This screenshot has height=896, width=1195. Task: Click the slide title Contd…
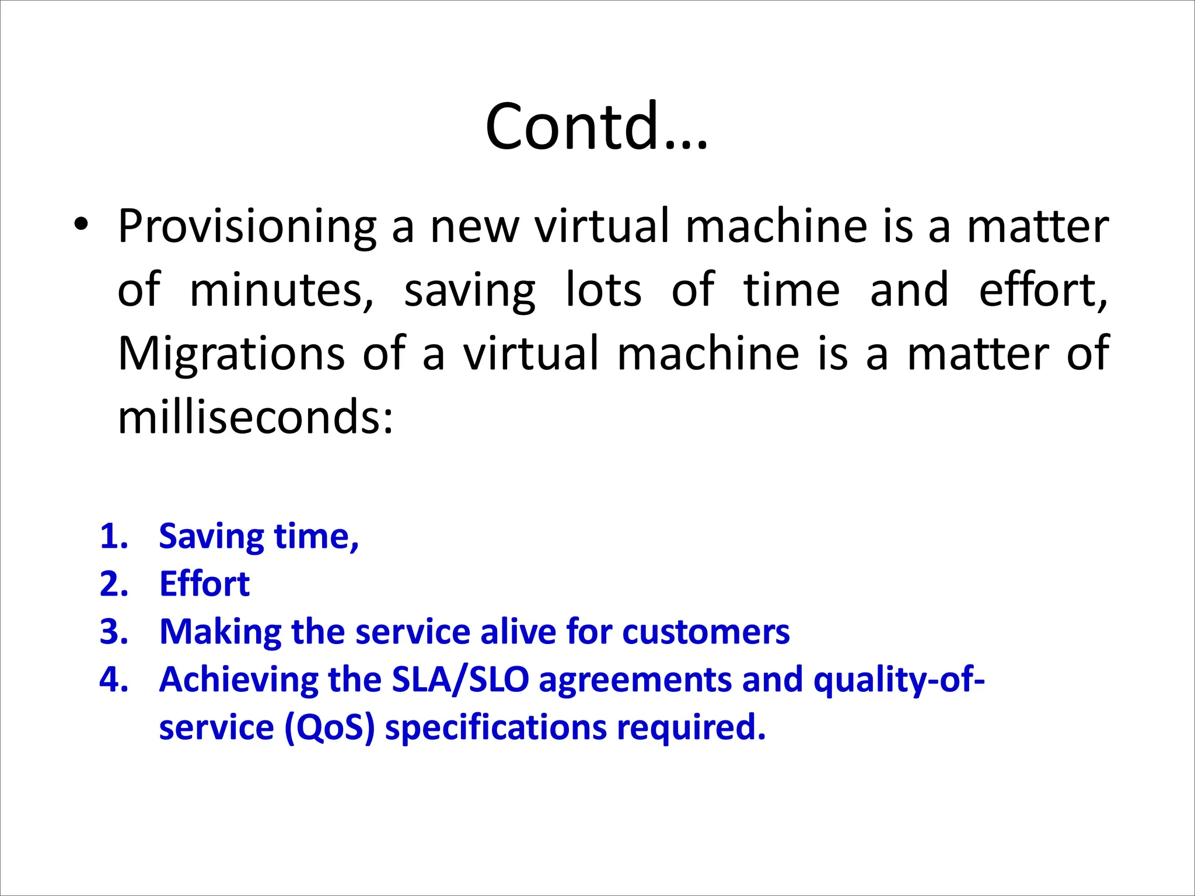click(x=596, y=126)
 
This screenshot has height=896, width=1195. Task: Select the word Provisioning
click(x=247, y=226)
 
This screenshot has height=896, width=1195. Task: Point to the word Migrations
click(x=232, y=353)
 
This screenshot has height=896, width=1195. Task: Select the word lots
click(x=604, y=290)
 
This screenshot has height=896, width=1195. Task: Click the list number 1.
click(x=113, y=536)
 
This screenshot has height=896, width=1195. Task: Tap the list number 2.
click(x=113, y=584)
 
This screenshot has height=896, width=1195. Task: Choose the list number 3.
click(x=113, y=632)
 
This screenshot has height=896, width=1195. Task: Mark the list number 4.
click(x=113, y=680)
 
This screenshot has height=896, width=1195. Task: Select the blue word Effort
click(x=204, y=584)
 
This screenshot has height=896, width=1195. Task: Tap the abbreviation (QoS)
click(x=329, y=727)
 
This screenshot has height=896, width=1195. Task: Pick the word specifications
click(x=495, y=729)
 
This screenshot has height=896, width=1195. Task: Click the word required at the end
click(x=691, y=729)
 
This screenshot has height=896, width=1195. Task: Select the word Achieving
click(x=239, y=680)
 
